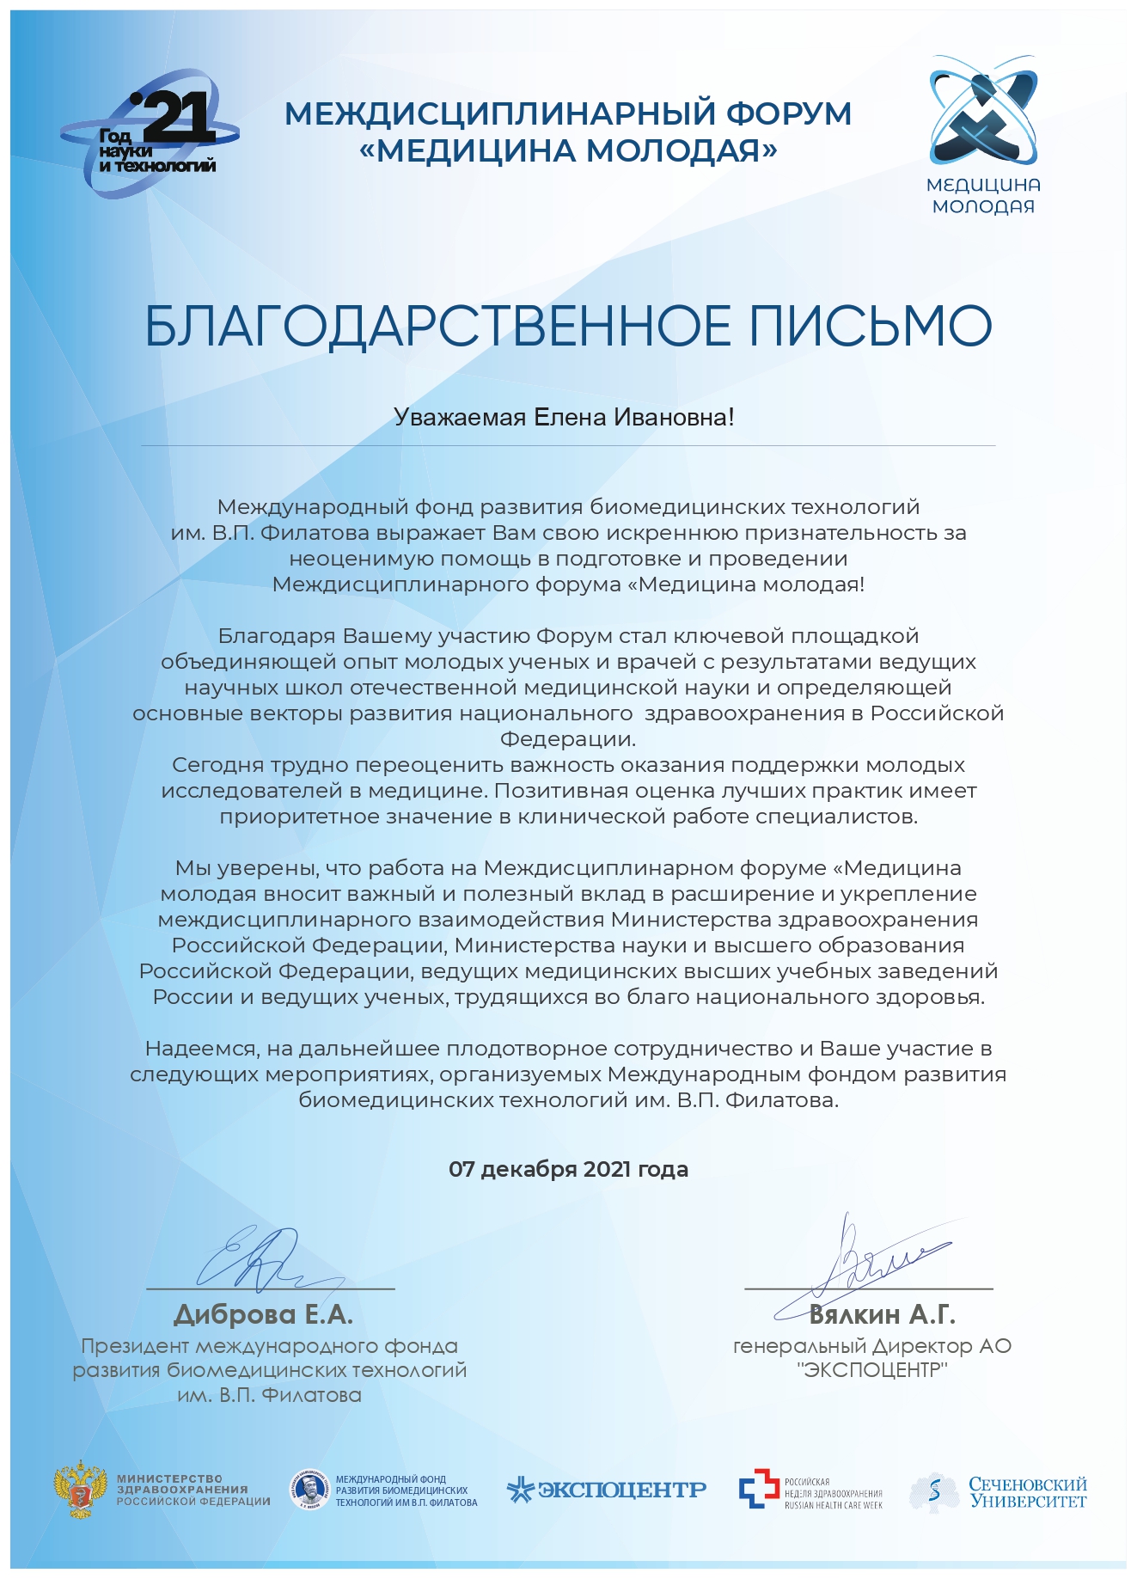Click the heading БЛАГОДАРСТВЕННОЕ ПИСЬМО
[x=568, y=326]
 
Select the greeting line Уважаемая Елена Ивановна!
[x=564, y=418]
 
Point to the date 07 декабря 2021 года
[x=568, y=1169]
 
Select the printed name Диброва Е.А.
[x=263, y=1314]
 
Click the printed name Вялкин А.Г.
[x=882, y=1314]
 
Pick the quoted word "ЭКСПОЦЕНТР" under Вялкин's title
[x=871, y=1370]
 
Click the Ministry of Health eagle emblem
[x=80, y=1490]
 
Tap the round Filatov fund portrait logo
[x=309, y=1490]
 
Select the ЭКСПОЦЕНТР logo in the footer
[x=607, y=1490]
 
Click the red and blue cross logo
[x=758, y=1490]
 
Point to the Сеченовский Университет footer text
[x=1027, y=1492]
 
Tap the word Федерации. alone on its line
[x=568, y=739]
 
